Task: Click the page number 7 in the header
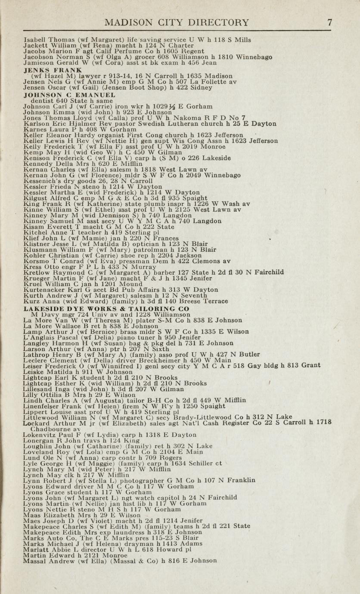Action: [x=329, y=23]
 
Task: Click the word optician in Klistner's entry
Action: [x=131, y=243]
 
